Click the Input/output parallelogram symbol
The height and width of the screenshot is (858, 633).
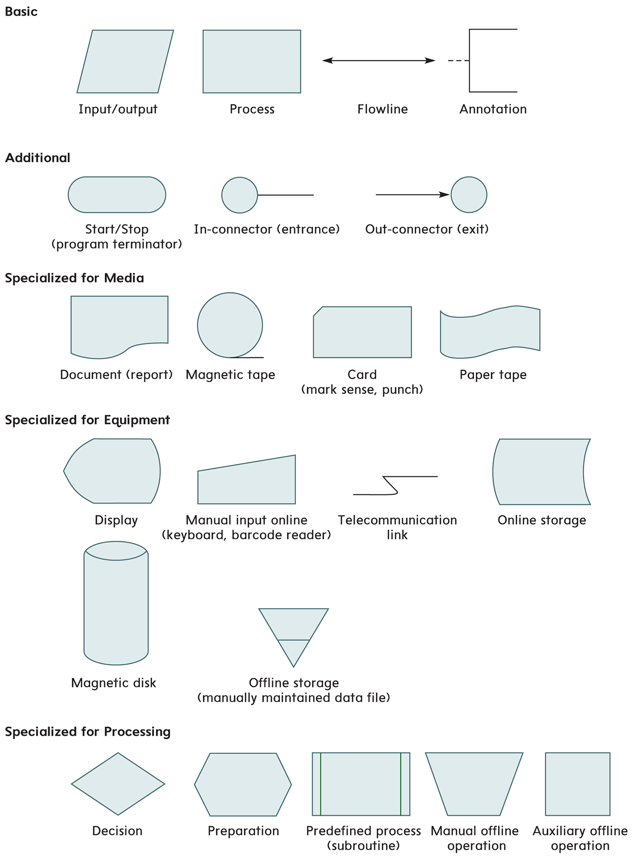pyautogui.click(x=125, y=61)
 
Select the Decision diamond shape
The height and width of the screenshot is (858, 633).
pyautogui.click(x=118, y=783)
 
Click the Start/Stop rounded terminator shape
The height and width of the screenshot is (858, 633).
pyautogui.click(x=117, y=195)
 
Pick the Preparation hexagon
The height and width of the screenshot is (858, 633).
pyautogui.click(x=243, y=784)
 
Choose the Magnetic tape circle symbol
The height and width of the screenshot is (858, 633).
pyautogui.click(x=230, y=325)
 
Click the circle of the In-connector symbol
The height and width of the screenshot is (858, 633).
pyautogui.click(x=240, y=195)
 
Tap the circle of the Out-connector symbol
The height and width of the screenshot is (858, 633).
pyautogui.click(x=469, y=195)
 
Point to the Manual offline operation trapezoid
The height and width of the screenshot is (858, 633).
pyautogui.click(x=474, y=783)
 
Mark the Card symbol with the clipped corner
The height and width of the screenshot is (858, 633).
pyautogui.click(x=362, y=332)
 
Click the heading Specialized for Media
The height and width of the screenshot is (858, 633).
pyautogui.click(x=74, y=278)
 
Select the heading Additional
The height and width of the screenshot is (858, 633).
pyautogui.click(x=38, y=158)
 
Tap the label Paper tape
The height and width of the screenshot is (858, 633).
pyautogui.click(x=493, y=375)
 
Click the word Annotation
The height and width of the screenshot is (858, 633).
pyautogui.click(x=493, y=109)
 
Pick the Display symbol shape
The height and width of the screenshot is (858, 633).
pyautogui.click(x=112, y=471)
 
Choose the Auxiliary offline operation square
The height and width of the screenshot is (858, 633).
pyautogui.click(x=577, y=783)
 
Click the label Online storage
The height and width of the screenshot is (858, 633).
pyautogui.click(x=542, y=520)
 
